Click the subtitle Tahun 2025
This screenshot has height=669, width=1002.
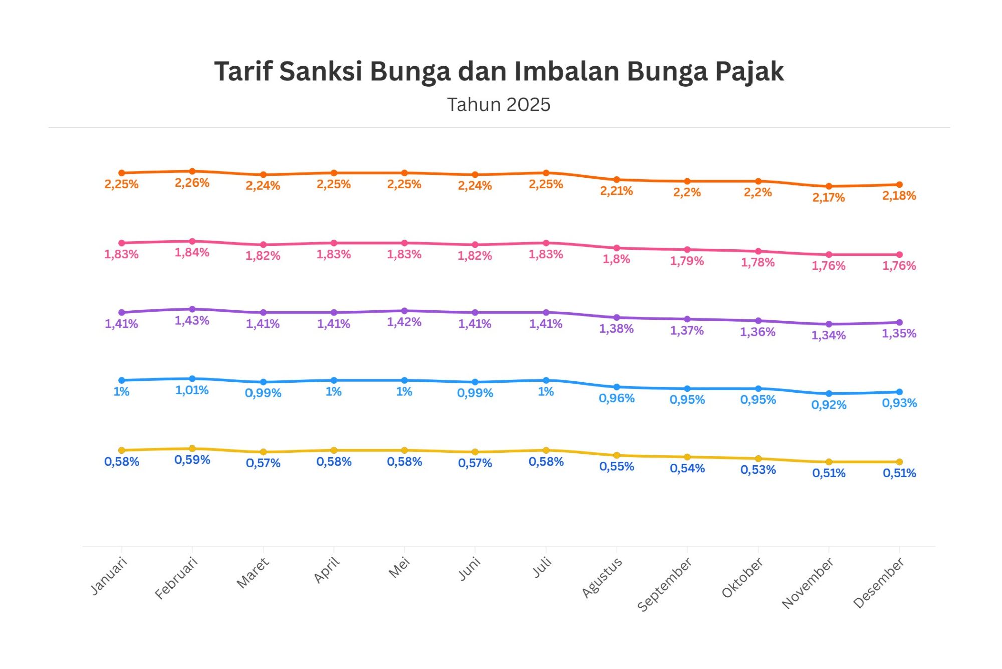pos(498,105)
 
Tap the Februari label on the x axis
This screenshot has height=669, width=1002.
pos(176,578)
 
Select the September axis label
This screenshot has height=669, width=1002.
pos(665,584)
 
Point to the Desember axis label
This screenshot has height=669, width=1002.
pos(879,583)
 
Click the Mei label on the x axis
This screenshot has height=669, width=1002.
pos(400,568)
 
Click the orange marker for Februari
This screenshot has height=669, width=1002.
pos(192,171)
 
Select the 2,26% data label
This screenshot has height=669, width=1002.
pos(192,183)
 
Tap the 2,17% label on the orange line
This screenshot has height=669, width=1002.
pos(829,198)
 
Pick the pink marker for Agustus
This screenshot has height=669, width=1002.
pos(617,248)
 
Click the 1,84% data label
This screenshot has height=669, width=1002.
pos(192,253)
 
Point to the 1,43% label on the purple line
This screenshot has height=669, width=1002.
pos(192,321)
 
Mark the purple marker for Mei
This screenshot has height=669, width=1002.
pos(404,311)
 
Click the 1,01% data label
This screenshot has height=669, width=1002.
pos(192,390)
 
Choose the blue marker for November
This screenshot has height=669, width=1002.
pos(829,394)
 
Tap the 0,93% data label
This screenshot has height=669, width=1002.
pos(899,403)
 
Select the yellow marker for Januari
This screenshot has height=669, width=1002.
pos(122,450)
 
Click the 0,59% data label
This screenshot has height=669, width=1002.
pos(192,460)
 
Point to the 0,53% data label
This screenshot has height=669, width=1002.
pos(758,470)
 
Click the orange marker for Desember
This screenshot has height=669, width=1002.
pos(899,185)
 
